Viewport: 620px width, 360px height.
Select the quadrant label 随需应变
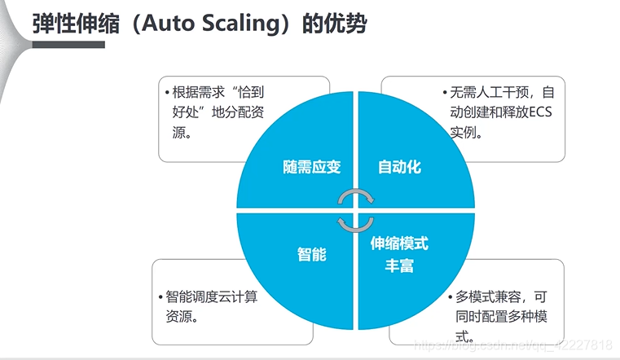coord(312,167)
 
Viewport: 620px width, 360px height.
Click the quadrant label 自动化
coord(399,167)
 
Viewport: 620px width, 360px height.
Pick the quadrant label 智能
coord(311,254)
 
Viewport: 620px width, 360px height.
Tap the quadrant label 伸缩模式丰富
coord(399,254)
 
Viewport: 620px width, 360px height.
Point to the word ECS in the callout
coord(539,112)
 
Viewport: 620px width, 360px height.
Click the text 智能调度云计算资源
coord(211,306)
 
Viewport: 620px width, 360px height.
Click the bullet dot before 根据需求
coord(167,93)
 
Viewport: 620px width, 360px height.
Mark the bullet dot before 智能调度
coord(160,298)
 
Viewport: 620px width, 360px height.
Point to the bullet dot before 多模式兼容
coord(449,298)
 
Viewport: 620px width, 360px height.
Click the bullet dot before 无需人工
coord(445,93)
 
